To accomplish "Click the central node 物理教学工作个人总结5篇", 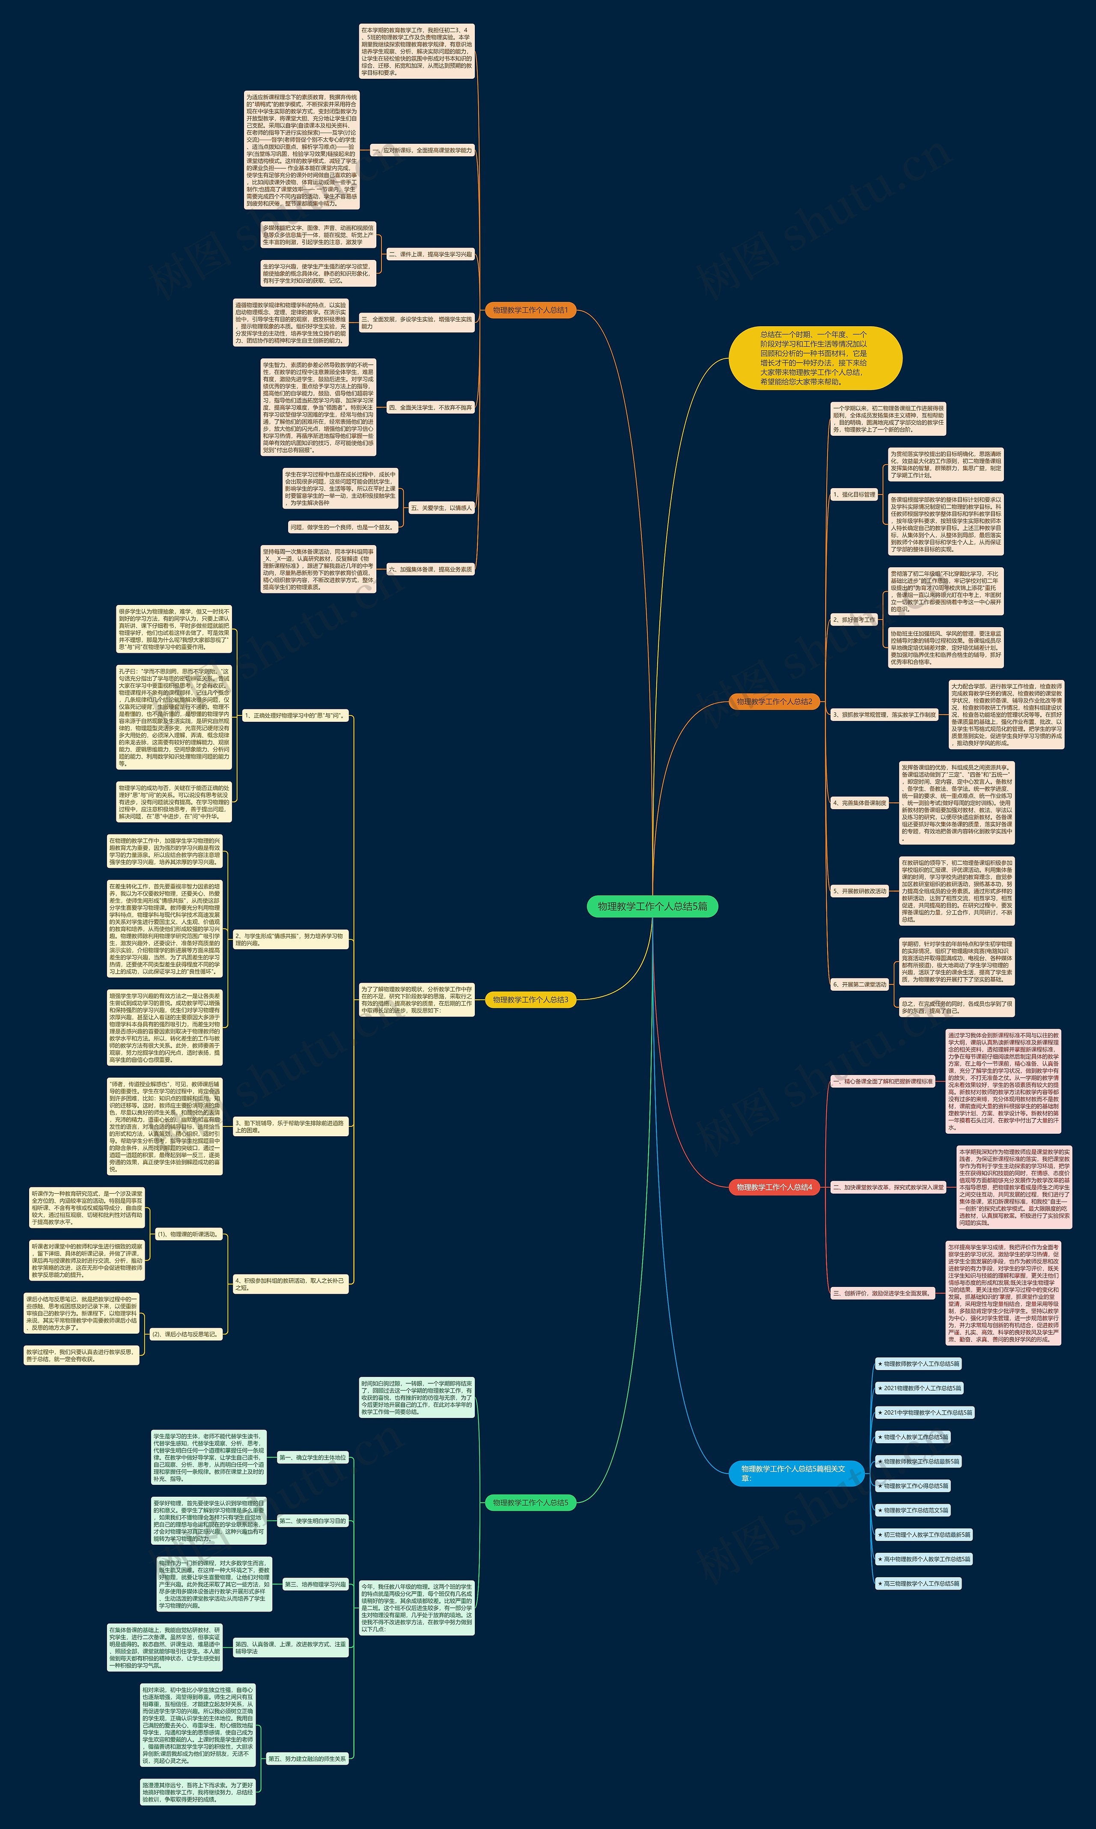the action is [x=652, y=906].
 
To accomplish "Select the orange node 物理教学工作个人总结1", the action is [x=530, y=310].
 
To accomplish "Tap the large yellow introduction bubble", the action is [x=815, y=358].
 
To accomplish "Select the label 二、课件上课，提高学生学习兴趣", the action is [x=430, y=254].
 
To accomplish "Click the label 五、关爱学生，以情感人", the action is [x=441, y=508].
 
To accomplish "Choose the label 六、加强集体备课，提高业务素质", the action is [x=430, y=569].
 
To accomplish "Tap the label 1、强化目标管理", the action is [x=854, y=495].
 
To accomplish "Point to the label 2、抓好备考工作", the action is [x=854, y=620].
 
